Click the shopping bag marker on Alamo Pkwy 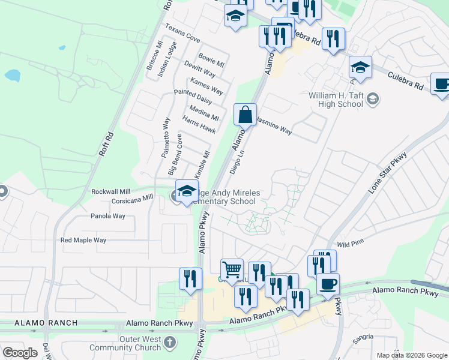(x=245, y=115)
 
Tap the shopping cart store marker (x=232, y=269)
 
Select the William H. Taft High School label (x=336, y=100)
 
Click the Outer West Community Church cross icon (x=170, y=343)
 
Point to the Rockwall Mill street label (x=110, y=191)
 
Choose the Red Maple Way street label (x=83, y=240)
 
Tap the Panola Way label (x=108, y=216)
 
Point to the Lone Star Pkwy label (x=388, y=172)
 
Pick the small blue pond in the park (x=12, y=76)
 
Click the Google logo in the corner (x=20, y=352)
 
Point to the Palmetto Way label (x=165, y=137)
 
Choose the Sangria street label (x=363, y=340)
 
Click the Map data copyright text (x=412, y=355)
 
